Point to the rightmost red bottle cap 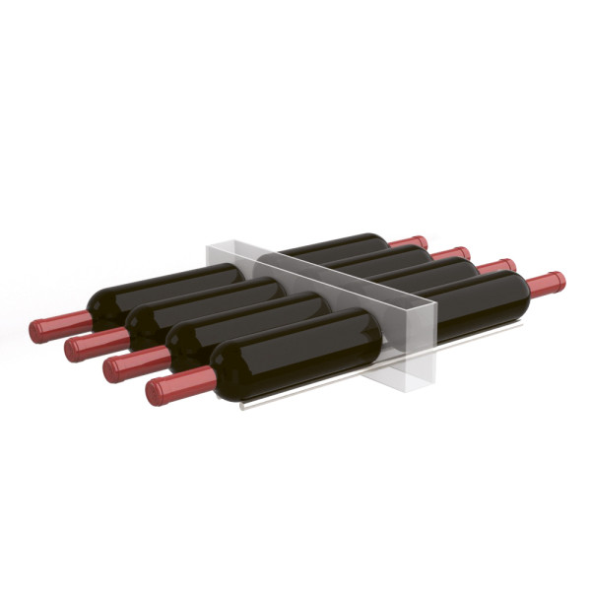click(x=546, y=284)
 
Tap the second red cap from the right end click(x=495, y=267)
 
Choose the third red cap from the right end click(x=450, y=253)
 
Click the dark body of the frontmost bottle click(x=295, y=354)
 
